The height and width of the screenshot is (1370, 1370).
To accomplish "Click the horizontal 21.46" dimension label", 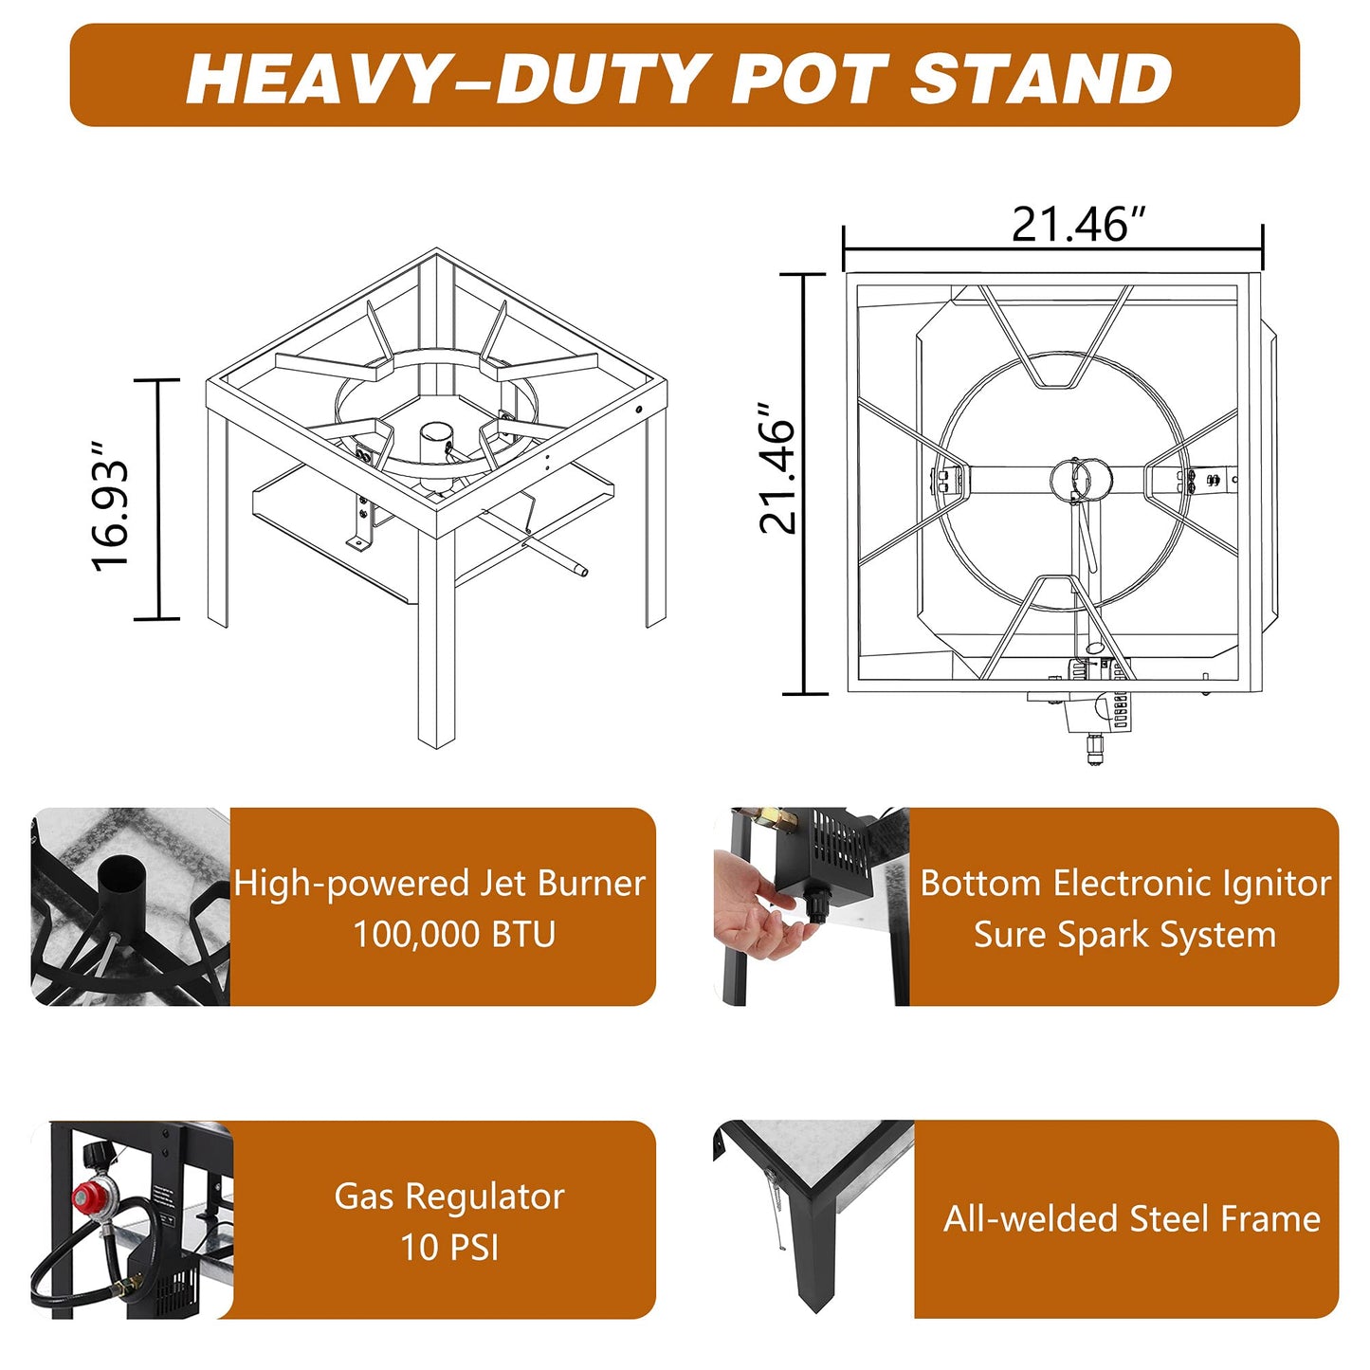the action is coord(1079,224).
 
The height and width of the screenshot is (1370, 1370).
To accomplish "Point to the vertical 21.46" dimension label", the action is coord(776,467).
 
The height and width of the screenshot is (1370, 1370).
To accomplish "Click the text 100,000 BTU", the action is coord(454,934).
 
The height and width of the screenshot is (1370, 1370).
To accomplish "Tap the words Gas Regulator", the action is coord(449,1197).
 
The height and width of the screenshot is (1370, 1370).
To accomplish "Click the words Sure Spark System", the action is coord(1124,934).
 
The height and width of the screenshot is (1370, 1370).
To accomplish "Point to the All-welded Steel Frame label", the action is coord(1132,1218).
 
